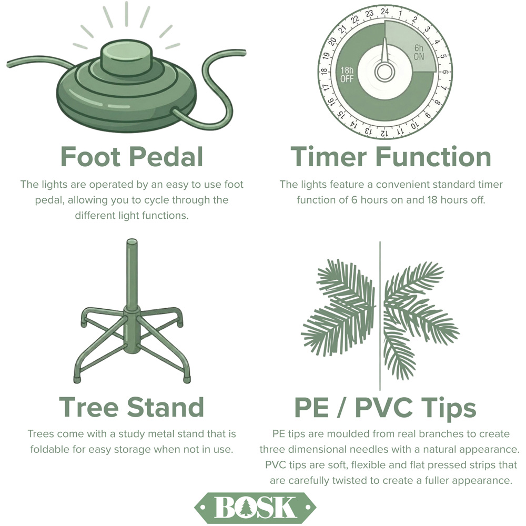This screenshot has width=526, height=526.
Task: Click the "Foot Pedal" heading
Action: [x=132, y=156]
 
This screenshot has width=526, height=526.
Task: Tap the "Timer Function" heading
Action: [x=391, y=156]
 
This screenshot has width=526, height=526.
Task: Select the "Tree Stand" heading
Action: [x=131, y=407]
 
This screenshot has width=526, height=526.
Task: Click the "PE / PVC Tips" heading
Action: [x=385, y=408]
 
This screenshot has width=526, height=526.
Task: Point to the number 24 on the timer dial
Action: [x=385, y=12]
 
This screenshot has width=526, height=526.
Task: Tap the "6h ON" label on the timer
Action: [x=419, y=52]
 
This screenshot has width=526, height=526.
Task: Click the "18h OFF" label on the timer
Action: [x=347, y=75]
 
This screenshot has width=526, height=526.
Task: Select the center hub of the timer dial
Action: [x=385, y=72]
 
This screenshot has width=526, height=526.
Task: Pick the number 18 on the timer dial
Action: [x=324, y=72]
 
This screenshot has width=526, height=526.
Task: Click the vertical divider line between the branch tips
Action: [x=380, y=316]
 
